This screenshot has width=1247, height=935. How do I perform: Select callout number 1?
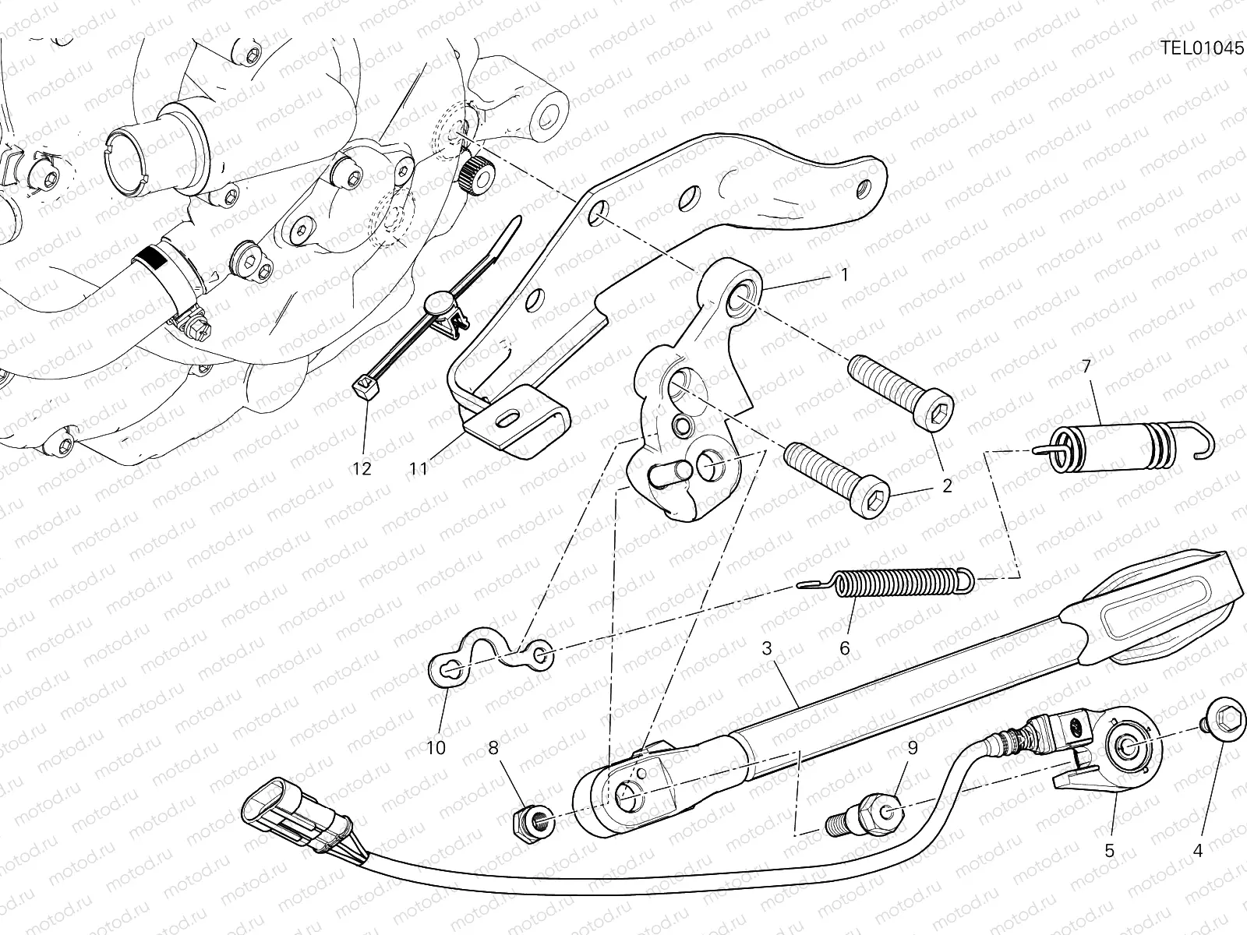pyautogui.click(x=844, y=275)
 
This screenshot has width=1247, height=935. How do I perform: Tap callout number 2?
pyautogui.click(x=946, y=486)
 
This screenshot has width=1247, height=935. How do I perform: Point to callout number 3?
pyautogui.click(x=766, y=648)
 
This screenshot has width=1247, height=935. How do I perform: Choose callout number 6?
pyautogui.click(x=844, y=648)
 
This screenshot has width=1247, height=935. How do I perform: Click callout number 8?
pyautogui.click(x=493, y=748)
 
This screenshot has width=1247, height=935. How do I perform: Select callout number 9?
pyautogui.click(x=913, y=748)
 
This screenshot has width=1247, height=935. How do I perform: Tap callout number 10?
pyautogui.click(x=436, y=748)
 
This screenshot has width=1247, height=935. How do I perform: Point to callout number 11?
pyautogui.click(x=419, y=469)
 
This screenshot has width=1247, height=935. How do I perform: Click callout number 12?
pyautogui.click(x=362, y=469)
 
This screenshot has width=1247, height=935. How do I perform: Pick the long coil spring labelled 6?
pyautogui.click(x=887, y=582)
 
